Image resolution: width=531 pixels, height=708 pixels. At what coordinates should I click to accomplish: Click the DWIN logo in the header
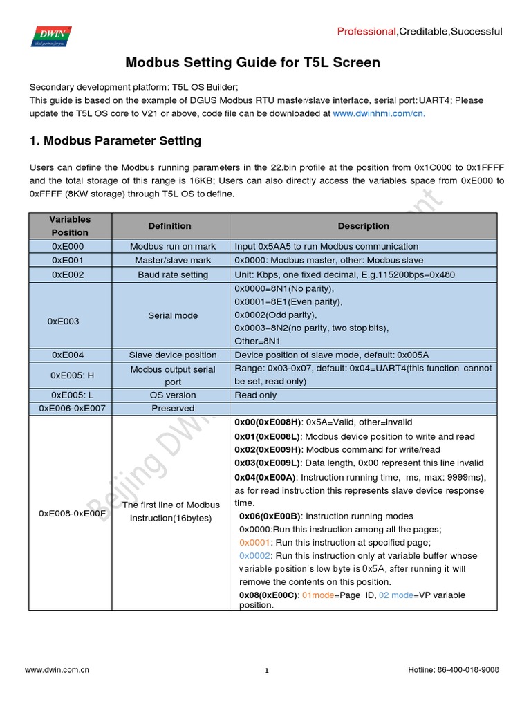[50, 35]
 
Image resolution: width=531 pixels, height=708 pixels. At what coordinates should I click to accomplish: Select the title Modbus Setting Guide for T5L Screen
[252, 63]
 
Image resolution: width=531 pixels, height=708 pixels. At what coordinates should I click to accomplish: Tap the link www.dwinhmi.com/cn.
[379, 113]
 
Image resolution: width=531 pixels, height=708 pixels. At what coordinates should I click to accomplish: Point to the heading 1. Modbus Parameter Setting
[115, 141]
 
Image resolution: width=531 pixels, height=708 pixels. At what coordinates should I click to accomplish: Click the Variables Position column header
[70, 226]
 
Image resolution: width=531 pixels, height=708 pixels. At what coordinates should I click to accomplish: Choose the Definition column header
[169, 226]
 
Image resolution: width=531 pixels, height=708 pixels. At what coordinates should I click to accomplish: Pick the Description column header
[363, 226]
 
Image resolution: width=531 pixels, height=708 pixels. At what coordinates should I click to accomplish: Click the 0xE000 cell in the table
[67, 246]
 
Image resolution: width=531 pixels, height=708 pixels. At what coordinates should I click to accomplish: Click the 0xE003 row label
[63, 322]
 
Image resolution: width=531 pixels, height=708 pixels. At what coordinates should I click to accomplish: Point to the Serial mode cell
[173, 315]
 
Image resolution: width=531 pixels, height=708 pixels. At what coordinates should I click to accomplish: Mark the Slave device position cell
[171, 355]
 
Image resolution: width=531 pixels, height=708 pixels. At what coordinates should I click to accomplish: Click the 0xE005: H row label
[72, 375]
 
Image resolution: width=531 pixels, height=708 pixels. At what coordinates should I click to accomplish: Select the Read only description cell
[256, 395]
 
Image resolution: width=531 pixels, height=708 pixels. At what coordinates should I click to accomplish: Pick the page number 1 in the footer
[266, 671]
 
